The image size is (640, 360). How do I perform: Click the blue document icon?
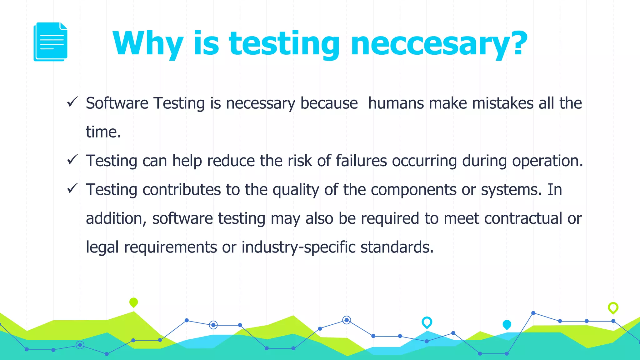click(x=50, y=42)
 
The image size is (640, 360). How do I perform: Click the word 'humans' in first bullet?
click(x=396, y=103)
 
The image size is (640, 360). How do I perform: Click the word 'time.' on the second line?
click(x=103, y=132)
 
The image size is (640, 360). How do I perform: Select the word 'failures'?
click(x=361, y=161)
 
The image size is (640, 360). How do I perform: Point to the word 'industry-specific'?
click(x=298, y=247)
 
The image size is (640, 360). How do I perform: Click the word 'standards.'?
click(x=397, y=247)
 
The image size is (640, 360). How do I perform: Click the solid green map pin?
click(x=133, y=302)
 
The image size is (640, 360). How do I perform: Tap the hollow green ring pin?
click(x=613, y=307)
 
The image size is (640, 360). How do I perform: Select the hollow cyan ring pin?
click(x=427, y=322)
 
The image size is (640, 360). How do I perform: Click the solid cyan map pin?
click(x=507, y=324)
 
